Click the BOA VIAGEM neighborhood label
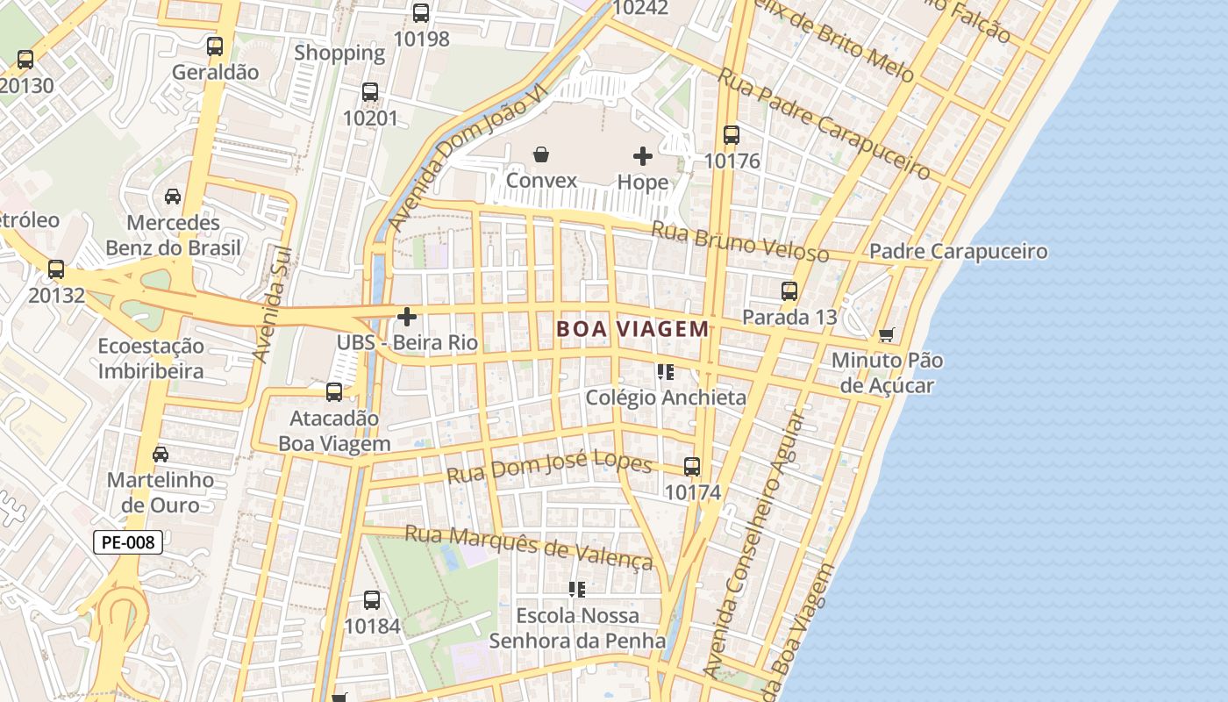[x=632, y=329]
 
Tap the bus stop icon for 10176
[x=732, y=135]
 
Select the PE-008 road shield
[x=128, y=542]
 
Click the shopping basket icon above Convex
[x=541, y=155]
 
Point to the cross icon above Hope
[x=643, y=156]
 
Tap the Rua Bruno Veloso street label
[x=739, y=241]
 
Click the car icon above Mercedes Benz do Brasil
[x=173, y=196]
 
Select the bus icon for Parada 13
[x=789, y=290]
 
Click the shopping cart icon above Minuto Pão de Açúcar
[x=887, y=334]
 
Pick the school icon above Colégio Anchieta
[x=665, y=372]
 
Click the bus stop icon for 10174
[x=692, y=467]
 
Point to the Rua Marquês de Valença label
[x=529, y=546]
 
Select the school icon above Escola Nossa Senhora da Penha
[x=576, y=589]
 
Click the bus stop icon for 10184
[x=372, y=600]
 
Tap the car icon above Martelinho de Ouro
[x=161, y=455]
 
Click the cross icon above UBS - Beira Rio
[x=407, y=316]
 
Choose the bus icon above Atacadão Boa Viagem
[x=334, y=392]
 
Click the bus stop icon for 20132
[x=56, y=269]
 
